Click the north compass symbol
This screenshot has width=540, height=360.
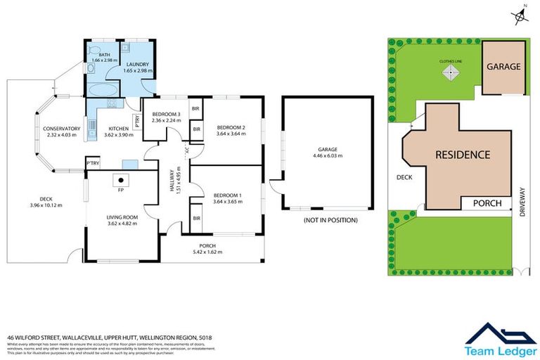pyautogui.click(x=520, y=13)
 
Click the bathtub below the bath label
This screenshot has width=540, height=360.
pyautogui.click(x=103, y=91)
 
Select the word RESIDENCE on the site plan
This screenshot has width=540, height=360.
pyautogui.click(x=462, y=154)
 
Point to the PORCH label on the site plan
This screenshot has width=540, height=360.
pyautogui.click(x=487, y=203)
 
